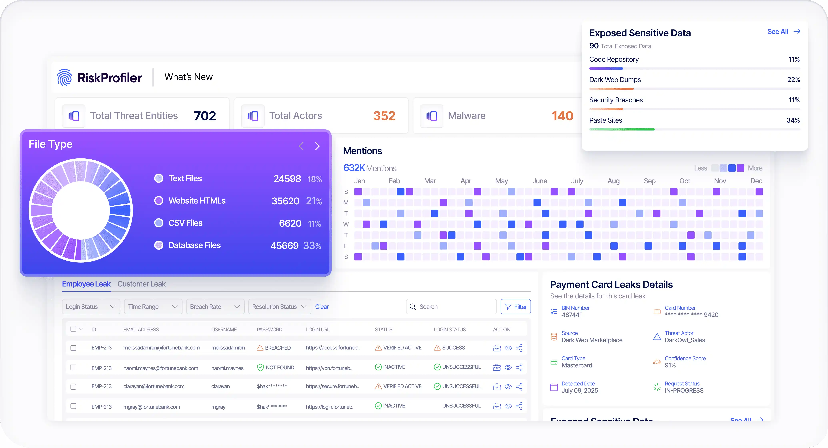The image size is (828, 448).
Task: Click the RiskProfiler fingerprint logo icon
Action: [x=64, y=78]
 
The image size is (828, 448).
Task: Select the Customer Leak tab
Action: [x=141, y=284]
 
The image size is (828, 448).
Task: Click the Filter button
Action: [x=515, y=307]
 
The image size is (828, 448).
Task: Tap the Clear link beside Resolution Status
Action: [x=322, y=307]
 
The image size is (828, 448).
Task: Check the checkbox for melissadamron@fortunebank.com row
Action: [x=73, y=348]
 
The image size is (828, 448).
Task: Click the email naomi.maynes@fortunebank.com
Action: [x=161, y=368]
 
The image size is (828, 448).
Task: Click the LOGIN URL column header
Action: [x=318, y=330]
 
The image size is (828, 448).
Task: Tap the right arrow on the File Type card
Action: [x=317, y=146]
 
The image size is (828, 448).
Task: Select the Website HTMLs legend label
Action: [x=197, y=201]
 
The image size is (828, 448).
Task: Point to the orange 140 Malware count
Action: [x=562, y=116]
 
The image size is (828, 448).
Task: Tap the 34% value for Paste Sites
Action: [x=793, y=120]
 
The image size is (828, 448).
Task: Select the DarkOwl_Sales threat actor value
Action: [x=685, y=340]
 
